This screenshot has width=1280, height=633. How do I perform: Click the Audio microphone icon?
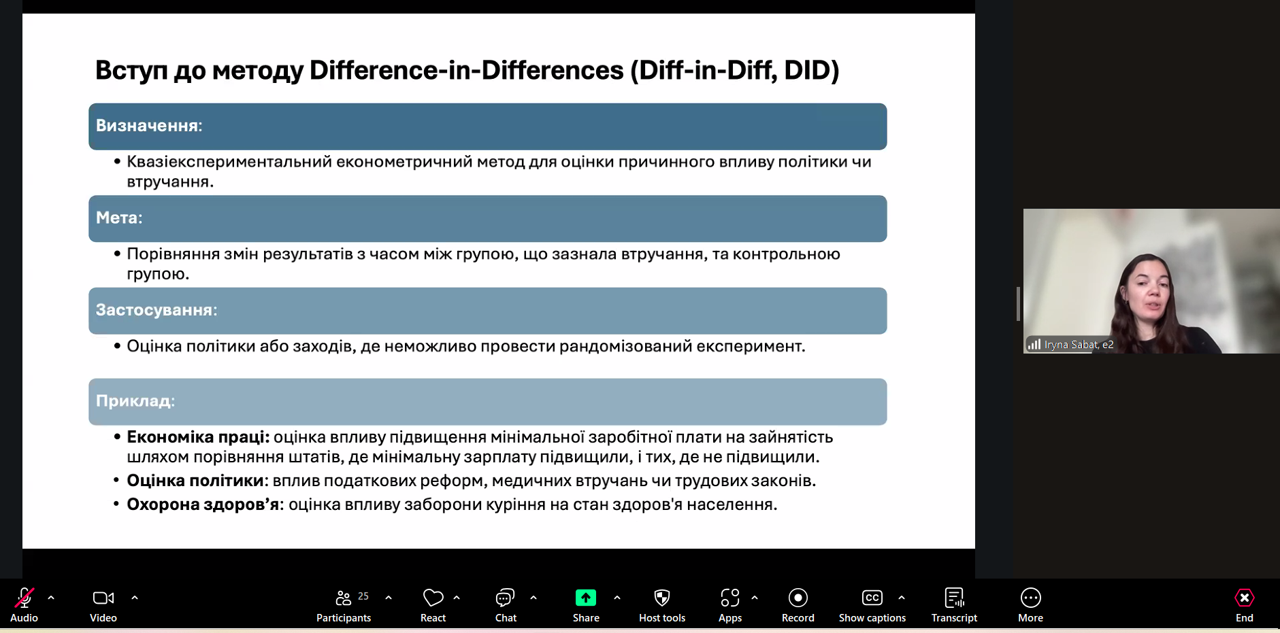24,598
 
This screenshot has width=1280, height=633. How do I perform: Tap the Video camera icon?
103,598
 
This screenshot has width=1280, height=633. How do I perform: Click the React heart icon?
433,598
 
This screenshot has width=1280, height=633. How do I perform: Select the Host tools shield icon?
662,598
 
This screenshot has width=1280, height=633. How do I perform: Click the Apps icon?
730,598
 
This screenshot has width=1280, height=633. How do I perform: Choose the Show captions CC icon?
872,598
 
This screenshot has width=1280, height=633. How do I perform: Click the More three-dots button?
1031,598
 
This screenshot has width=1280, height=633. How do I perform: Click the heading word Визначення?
147,126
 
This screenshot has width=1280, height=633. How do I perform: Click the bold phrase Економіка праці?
197,437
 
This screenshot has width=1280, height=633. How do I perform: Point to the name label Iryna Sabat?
1071,345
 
